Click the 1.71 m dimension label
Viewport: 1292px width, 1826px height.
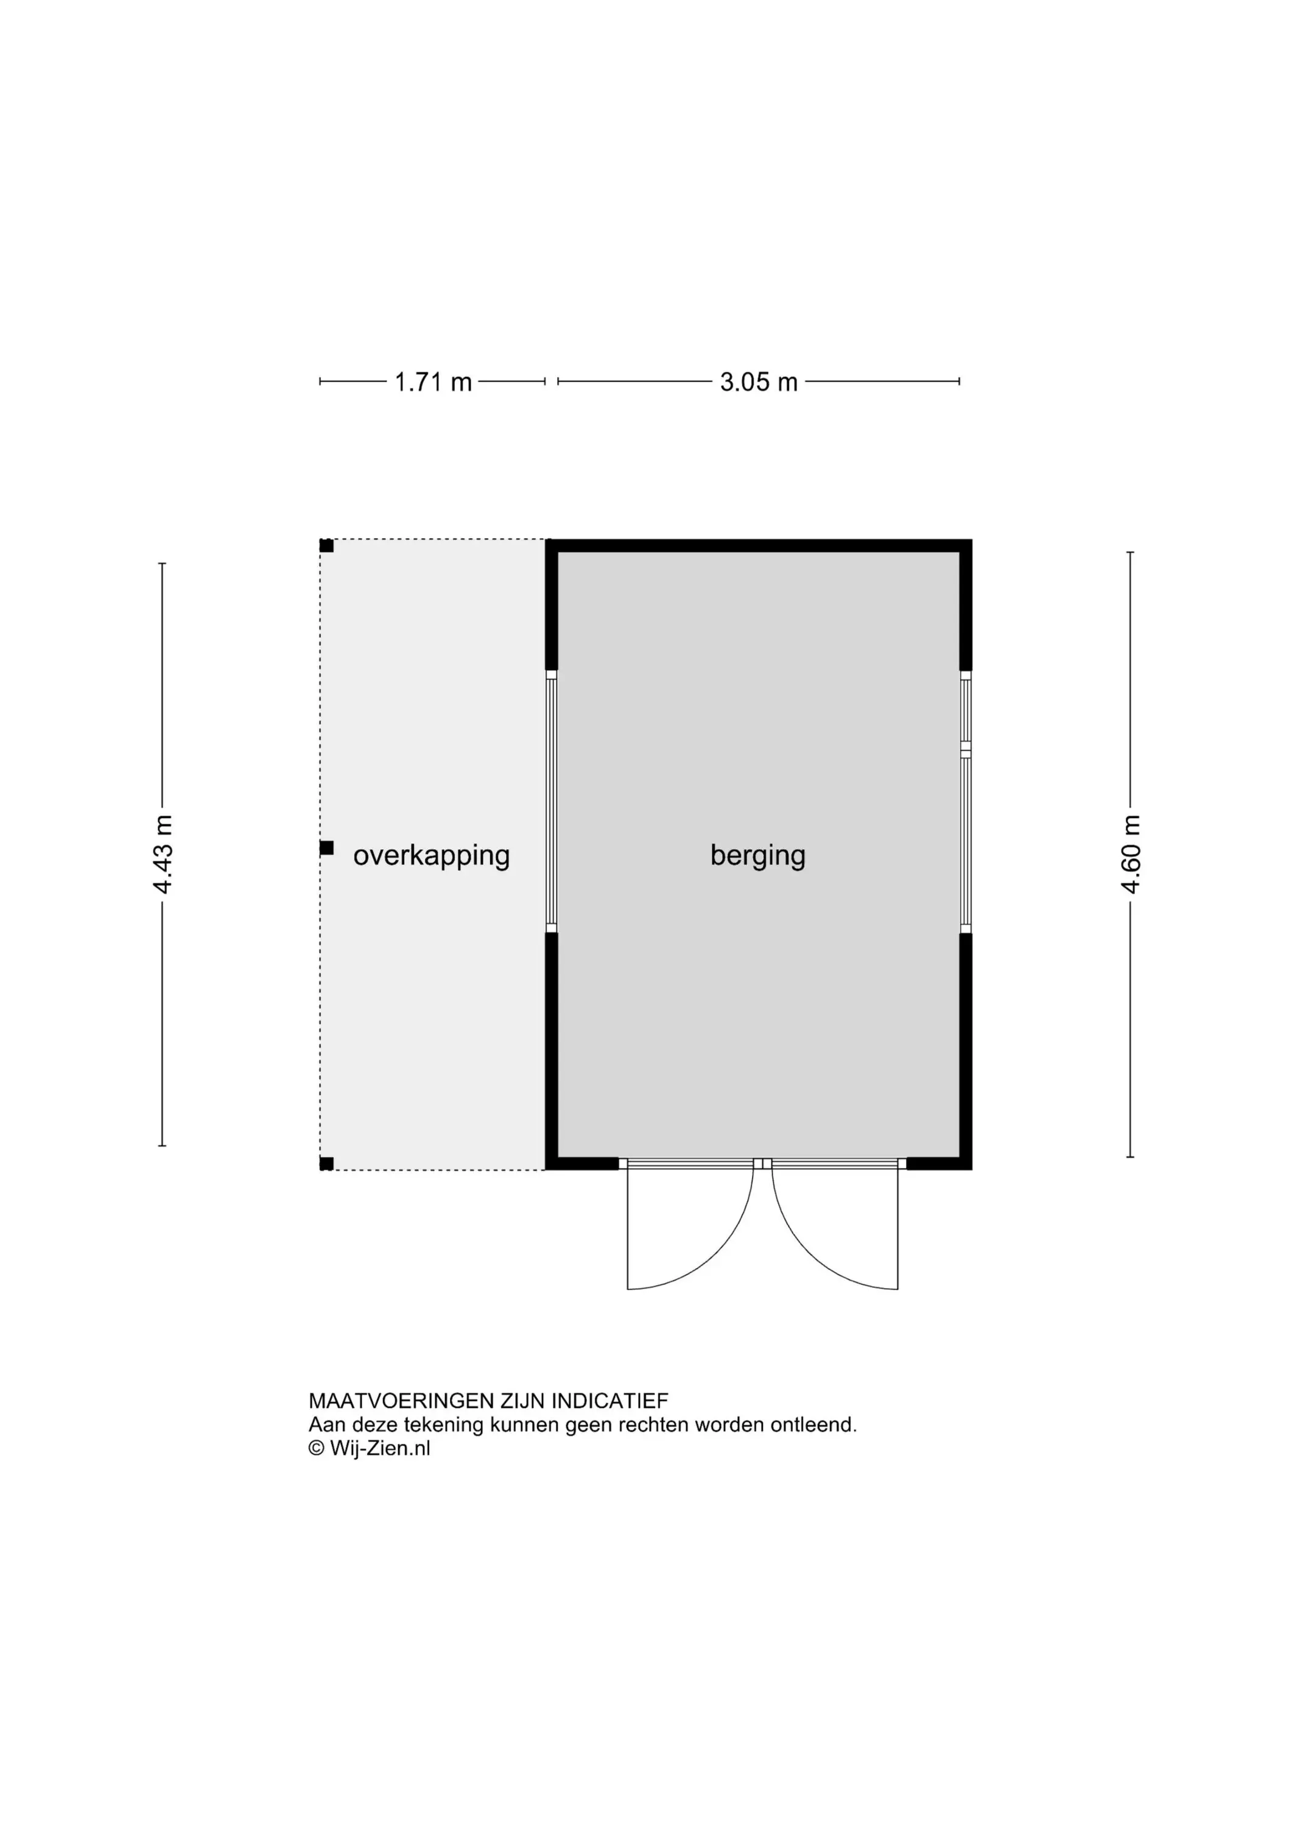[x=434, y=382]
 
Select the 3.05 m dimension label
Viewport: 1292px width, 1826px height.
[x=759, y=382]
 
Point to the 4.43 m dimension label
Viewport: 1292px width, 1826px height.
[x=163, y=854]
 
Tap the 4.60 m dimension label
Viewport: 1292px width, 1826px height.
[x=1131, y=854]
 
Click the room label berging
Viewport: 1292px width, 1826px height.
[x=758, y=856]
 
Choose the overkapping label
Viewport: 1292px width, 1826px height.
[x=431, y=856]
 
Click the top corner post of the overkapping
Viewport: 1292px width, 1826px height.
[x=326, y=545]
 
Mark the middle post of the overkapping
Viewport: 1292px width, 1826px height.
[x=326, y=848]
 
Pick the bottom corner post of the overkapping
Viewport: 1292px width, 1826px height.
[x=326, y=1164]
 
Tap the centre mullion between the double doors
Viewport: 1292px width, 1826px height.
[x=762, y=1164]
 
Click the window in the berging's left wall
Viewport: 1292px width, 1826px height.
[x=552, y=802]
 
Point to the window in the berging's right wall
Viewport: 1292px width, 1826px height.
[x=966, y=802]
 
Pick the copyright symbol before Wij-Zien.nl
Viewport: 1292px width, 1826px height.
[x=317, y=1448]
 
